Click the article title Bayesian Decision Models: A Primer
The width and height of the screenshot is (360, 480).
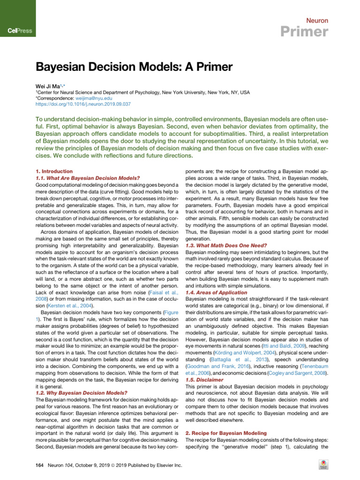(x=134, y=67)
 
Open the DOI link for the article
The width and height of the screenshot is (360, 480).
(x=83, y=105)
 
